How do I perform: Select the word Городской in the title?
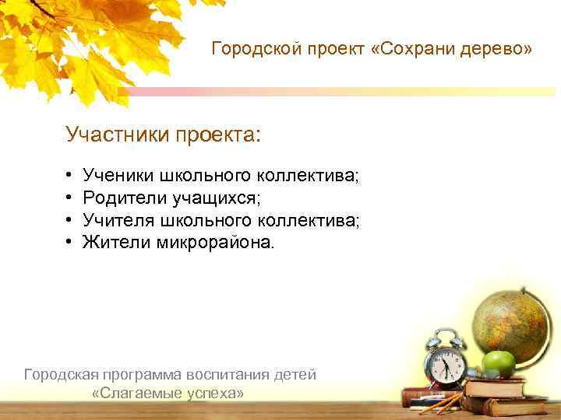249,50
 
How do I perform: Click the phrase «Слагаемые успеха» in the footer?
168,394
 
